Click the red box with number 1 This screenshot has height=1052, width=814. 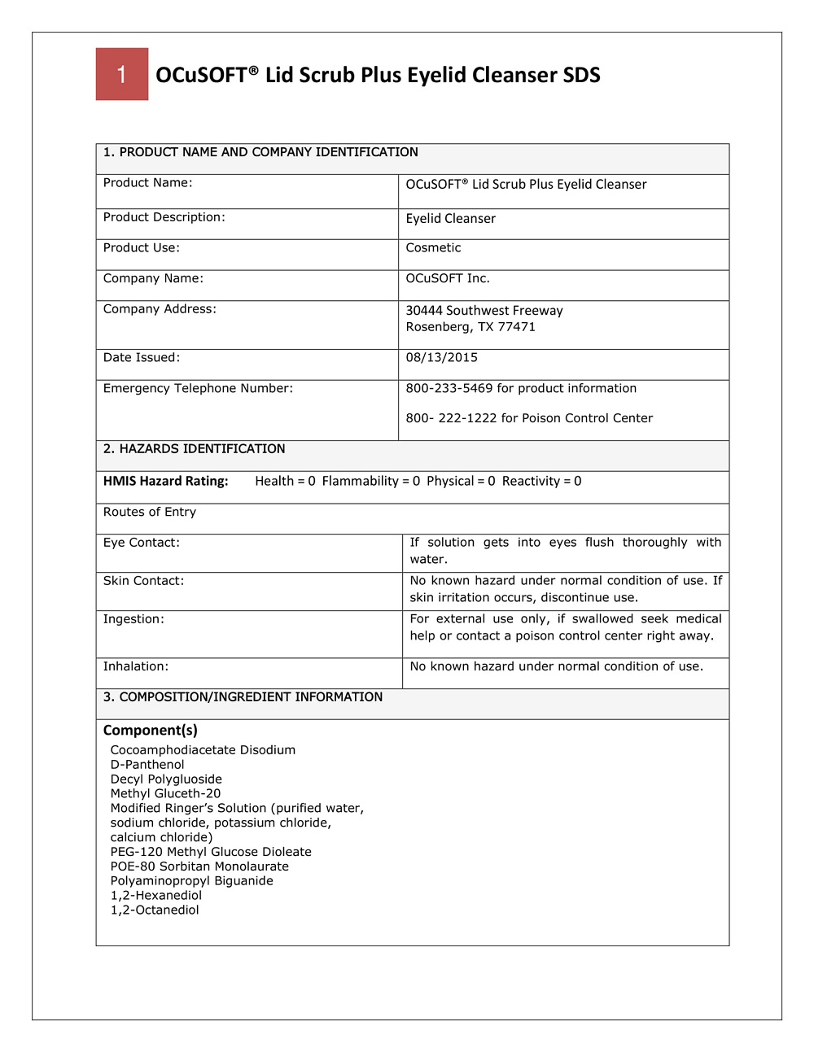point(122,74)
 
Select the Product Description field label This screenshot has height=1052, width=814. point(164,217)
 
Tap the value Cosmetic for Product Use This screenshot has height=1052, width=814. point(433,248)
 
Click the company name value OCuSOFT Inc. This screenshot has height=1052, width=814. point(448,278)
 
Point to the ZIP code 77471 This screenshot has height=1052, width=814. point(517,327)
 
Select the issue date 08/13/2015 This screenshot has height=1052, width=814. point(441,358)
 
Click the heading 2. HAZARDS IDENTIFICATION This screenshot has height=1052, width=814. point(194,449)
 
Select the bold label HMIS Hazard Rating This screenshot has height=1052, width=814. point(165,482)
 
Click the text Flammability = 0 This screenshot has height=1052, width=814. point(370,482)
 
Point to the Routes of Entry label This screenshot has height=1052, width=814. point(149,513)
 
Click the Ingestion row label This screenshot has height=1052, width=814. point(133,619)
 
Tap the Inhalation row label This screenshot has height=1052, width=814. point(136,666)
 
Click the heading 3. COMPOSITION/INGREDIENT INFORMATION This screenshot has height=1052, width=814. point(243,697)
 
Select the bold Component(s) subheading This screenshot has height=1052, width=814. point(150,731)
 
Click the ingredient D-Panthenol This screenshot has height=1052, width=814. point(147,765)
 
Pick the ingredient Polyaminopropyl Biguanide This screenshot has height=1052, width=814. point(191,881)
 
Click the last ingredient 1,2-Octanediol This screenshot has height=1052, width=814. point(155,910)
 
